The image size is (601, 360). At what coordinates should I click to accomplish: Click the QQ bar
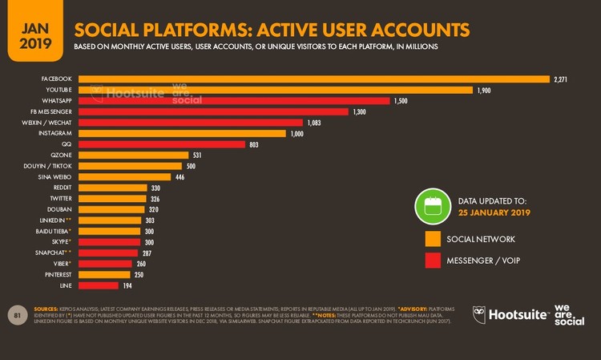coord(160,144)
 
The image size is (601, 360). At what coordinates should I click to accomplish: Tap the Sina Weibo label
coord(55,176)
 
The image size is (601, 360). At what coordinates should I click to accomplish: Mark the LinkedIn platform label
coord(55,220)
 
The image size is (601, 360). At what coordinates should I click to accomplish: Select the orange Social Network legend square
coord(433,239)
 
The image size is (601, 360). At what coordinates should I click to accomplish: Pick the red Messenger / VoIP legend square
coord(433,261)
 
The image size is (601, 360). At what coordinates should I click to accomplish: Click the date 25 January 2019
coord(494,212)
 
